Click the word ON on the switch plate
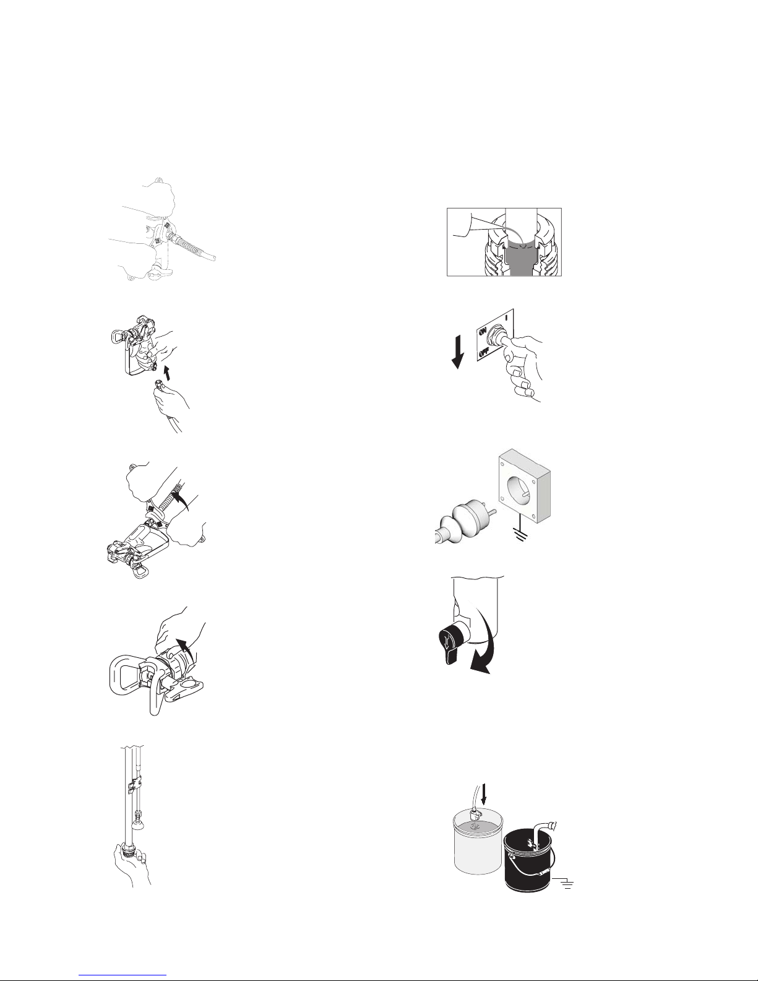coord(482,333)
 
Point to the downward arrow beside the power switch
coord(458,350)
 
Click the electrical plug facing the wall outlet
coord(465,520)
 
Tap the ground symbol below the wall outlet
coord(520,534)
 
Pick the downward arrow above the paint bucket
coord(485,794)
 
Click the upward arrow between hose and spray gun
coord(167,373)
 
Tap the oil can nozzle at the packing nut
coord(497,230)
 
